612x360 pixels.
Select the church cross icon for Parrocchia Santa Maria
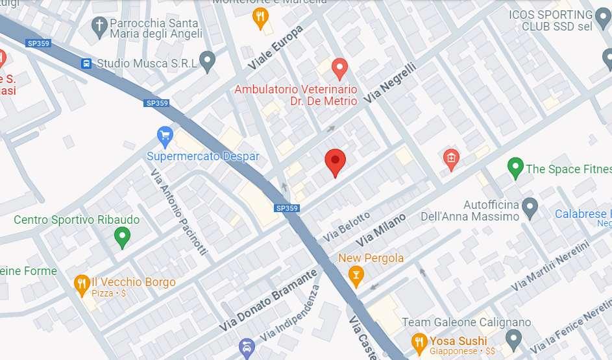[x=99, y=27]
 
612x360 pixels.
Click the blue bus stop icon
[x=86, y=64]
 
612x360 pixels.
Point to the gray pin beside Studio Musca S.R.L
[x=207, y=61]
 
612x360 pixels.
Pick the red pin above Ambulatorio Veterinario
[x=339, y=67]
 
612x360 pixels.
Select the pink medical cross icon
[x=451, y=157]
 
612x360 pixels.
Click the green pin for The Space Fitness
[x=515, y=168]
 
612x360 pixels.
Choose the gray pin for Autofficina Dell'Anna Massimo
[x=530, y=208]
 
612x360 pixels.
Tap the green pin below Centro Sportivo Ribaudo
[x=122, y=238]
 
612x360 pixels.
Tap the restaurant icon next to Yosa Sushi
[x=419, y=341]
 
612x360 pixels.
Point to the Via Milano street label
[x=380, y=229]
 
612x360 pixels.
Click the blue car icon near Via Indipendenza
[x=246, y=348]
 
